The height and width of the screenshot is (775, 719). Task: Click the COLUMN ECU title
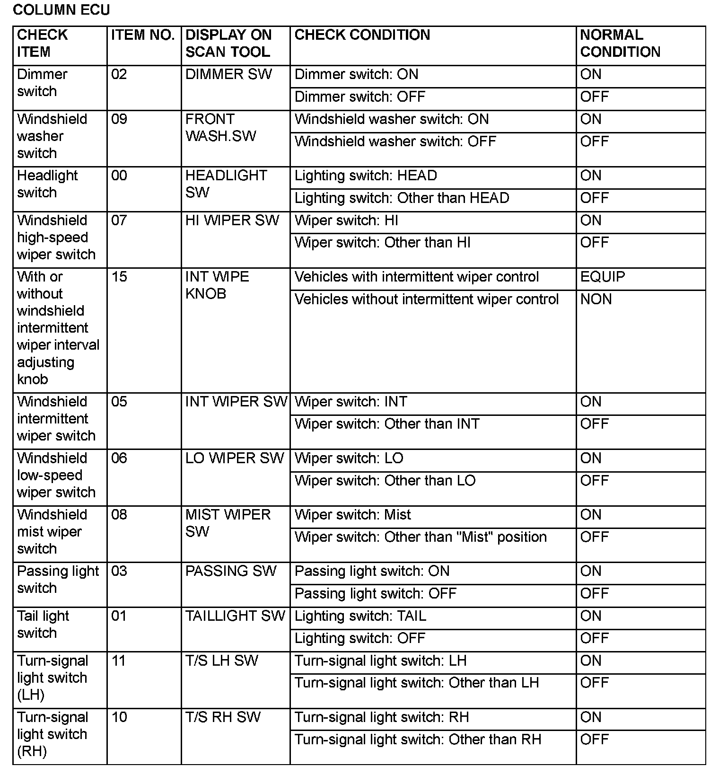(61, 10)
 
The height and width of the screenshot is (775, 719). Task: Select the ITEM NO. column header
(143, 35)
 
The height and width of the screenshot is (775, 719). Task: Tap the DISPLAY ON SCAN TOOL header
(228, 43)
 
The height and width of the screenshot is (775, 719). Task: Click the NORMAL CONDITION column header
(620, 43)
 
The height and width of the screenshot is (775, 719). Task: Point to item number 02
(119, 74)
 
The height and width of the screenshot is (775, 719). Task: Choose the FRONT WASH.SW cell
(220, 127)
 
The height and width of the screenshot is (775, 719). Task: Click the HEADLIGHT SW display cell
(226, 184)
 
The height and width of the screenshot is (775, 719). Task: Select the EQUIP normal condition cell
(602, 277)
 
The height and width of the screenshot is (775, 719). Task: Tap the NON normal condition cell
(596, 299)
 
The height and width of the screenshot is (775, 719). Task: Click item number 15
(119, 277)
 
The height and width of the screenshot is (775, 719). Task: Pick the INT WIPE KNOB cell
(217, 285)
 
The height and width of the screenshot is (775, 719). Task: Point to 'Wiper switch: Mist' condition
(352, 515)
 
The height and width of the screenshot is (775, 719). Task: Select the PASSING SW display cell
(230, 571)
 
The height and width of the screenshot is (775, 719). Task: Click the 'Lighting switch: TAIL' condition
(360, 616)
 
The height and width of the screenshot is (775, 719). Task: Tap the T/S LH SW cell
(221, 661)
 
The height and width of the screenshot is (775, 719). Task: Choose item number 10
(119, 717)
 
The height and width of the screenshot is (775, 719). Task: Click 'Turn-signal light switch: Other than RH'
(417, 740)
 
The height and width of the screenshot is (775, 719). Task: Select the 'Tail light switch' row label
(43, 625)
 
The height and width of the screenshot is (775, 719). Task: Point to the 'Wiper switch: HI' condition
(346, 220)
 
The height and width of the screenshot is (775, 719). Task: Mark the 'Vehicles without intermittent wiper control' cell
(426, 299)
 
